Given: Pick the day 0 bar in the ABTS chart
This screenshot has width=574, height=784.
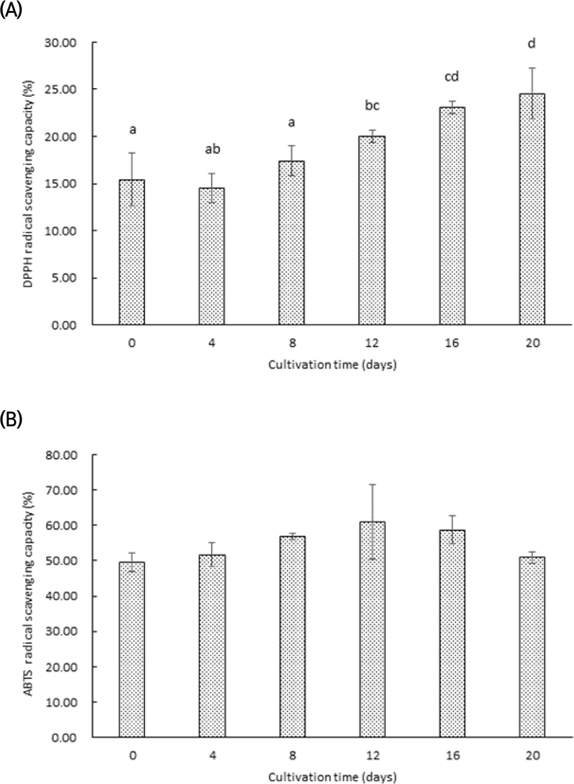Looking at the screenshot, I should click(x=132, y=649).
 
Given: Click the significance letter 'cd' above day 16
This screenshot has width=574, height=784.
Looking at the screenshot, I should click(x=452, y=77).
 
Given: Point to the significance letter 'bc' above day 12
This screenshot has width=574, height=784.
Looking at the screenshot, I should click(x=372, y=106).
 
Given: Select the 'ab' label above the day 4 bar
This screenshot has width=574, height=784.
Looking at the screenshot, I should click(x=212, y=149).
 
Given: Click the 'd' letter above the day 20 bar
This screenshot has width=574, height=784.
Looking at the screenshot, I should click(x=532, y=44).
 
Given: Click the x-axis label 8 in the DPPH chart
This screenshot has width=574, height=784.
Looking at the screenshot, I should click(x=292, y=343).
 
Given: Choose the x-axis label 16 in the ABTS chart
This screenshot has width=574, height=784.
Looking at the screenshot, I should click(x=452, y=755).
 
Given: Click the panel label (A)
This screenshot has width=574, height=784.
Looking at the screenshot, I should click(x=11, y=10).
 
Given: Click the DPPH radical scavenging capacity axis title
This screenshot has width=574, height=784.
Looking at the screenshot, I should click(x=27, y=184).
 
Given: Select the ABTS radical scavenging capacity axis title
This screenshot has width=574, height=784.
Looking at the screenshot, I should click(x=27, y=596).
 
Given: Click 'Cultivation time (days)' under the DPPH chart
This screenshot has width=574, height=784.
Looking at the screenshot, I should click(x=332, y=365).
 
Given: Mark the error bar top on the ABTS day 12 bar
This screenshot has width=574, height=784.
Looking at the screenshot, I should click(x=372, y=485).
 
